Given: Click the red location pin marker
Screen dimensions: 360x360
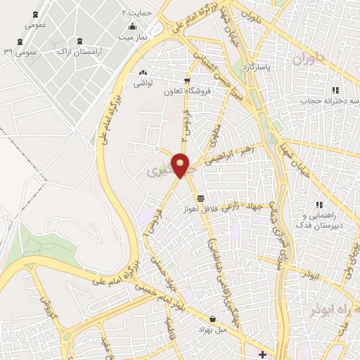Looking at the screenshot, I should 181,165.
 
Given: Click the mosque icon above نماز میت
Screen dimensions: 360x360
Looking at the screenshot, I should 133,26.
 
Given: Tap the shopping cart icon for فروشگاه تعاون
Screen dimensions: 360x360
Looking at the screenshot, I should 186,80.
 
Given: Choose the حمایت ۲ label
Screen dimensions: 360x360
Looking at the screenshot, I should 138,13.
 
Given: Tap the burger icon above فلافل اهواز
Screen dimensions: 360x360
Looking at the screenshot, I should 202,198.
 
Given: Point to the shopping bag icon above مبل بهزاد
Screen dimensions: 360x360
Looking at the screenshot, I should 212,319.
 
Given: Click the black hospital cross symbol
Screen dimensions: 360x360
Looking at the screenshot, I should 262,354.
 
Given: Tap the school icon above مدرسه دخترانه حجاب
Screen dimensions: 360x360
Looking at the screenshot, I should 335,90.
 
